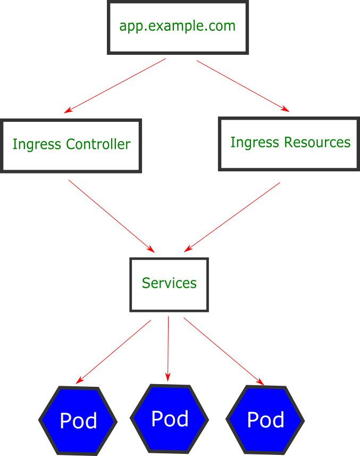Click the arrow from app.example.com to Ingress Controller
click(x=115, y=86)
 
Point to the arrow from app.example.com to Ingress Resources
click(x=243, y=86)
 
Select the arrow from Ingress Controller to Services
click(x=111, y=216)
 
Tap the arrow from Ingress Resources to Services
click(x=232, y=217)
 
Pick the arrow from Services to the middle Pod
click(x=168, y=349)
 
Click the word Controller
click(x=98, y=144)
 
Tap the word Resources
click(x=317, y=143)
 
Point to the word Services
click(x=169, y=283)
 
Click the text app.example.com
click(x=177, y=26)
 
